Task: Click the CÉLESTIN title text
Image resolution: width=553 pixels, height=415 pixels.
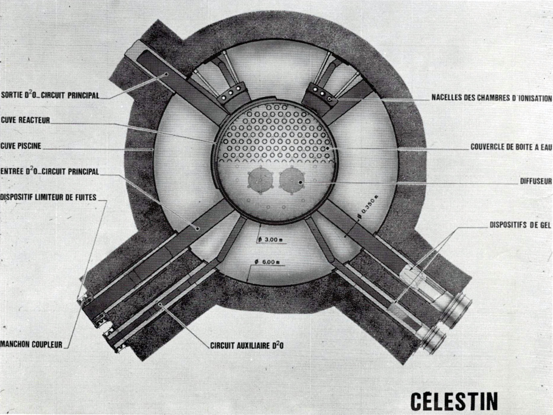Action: click(x=454, y=401)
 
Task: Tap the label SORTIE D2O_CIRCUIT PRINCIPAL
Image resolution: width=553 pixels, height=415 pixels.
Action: click(x=50, y=95)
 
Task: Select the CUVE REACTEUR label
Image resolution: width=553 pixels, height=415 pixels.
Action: click(x=26, y=120)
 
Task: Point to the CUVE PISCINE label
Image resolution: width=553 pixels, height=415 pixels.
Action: click(x=21, y=146)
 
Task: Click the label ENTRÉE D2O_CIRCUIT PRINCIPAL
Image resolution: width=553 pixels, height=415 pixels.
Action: click(x=50, y=171)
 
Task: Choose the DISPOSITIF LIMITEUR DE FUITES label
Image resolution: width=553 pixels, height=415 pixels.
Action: click(x=48, y=197)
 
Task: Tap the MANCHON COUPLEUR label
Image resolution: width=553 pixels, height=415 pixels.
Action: click(x=31, y=344)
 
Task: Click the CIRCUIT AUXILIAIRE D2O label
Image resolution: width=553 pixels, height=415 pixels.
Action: click(x=247, y=345)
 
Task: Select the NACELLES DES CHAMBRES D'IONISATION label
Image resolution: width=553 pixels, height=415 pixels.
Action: click(x=492, y=98)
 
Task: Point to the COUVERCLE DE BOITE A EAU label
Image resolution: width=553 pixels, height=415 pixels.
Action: click(x=511, y=147)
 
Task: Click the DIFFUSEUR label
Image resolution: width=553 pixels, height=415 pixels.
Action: click(x=536, y=181)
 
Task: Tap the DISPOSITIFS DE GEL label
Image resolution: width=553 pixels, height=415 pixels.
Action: click(x=520, y=225)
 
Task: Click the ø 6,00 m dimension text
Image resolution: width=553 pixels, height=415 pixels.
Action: click(x=267, y=262)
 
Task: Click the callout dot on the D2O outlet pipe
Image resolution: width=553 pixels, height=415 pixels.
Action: click(x=167, y=74)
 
